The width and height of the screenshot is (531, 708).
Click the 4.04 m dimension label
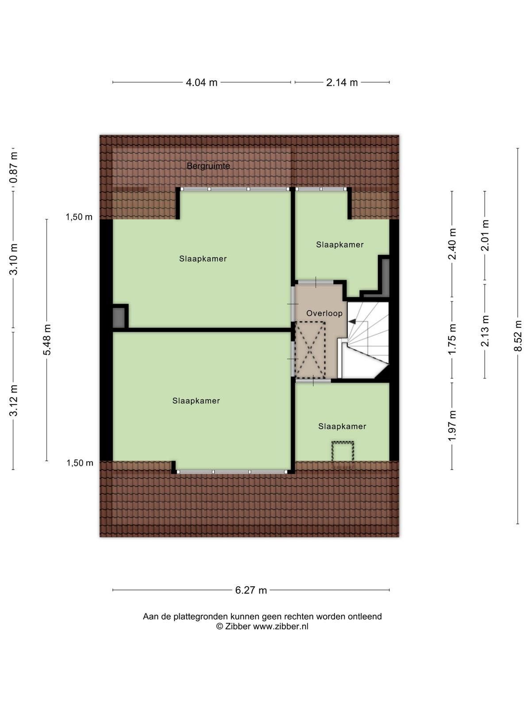tap(201, 83)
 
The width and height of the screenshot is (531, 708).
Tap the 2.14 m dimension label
tap(342, 83)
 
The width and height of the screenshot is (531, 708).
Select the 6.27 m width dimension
tap(251, 590)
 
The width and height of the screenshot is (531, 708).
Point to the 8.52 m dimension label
tap(517, 335)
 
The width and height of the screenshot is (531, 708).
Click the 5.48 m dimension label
tap(47, 340)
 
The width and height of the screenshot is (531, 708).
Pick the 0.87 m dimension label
tap(13, 167)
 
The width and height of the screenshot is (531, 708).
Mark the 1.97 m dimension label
tap(452, 425)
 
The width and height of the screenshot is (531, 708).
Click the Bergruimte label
tap(208, 166)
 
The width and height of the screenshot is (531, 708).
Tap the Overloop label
tap(324, 313)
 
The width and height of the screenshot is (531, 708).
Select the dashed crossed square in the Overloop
tap(310, 350)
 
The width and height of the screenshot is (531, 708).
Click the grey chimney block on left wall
tap(119, 318)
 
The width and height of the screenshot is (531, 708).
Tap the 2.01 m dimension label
tap(485, 235)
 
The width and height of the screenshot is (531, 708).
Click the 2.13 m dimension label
tap(485, 331)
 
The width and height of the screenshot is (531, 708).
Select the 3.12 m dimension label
tap(13, 400)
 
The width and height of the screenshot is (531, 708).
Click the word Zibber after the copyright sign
tap(238, 627)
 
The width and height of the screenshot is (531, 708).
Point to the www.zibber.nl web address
tap(281, 627)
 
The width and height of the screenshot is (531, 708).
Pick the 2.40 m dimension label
tap(452, 244)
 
